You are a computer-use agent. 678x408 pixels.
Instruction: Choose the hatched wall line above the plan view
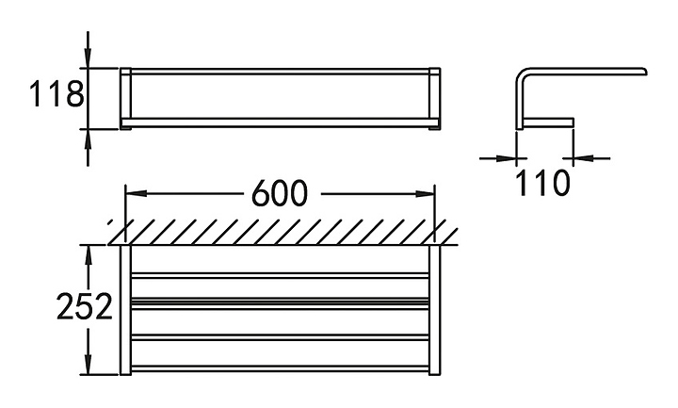click(x=282, y=231)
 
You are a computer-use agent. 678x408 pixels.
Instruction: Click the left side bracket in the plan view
click(x=124, y=311)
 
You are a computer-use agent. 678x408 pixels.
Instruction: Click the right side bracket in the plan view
click(x=434, y=311)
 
